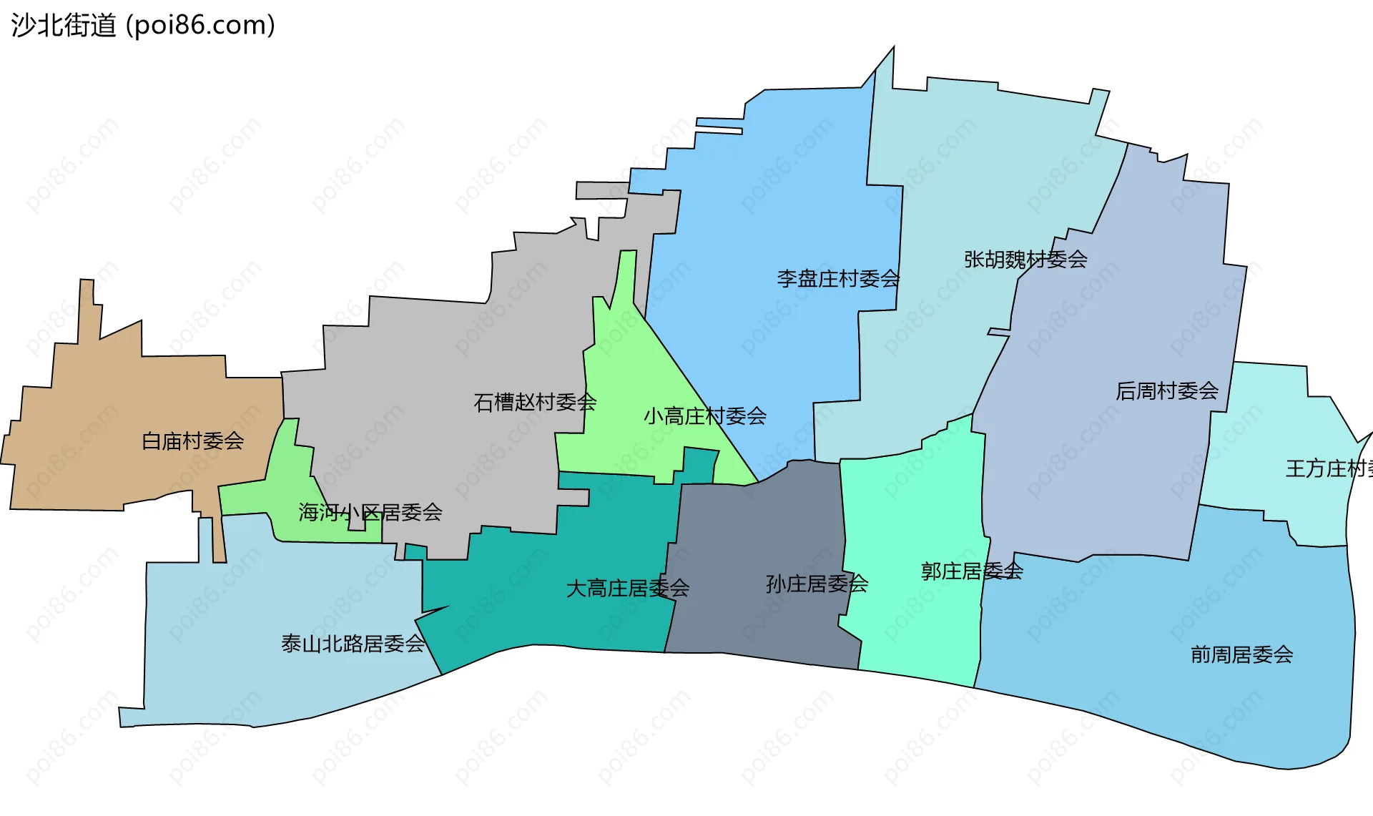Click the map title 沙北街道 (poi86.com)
point(143,26)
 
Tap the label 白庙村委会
point(192,441)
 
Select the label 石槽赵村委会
point(534,403)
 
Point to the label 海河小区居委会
point(370,513)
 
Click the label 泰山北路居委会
point(353,644)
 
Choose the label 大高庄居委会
point(627,589)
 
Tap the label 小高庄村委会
point(704,416)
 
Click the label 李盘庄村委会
point(837,279)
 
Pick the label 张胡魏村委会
point(1025,260)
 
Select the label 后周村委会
point(1166,391)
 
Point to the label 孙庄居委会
point(817,584)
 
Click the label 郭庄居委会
point(971,571)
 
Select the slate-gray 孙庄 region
point(758,544)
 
